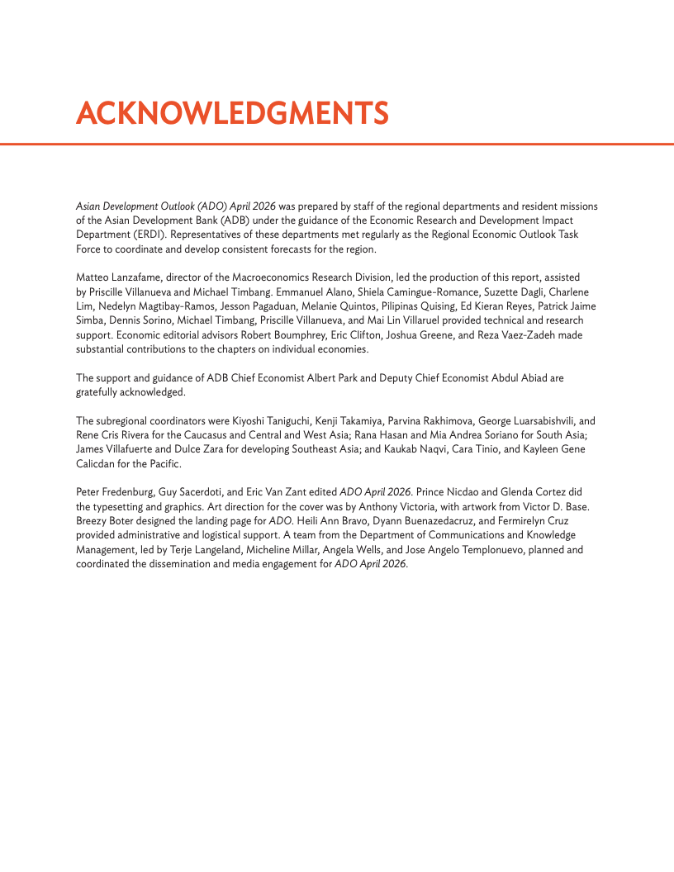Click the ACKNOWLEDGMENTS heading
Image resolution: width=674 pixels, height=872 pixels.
coord(232,113)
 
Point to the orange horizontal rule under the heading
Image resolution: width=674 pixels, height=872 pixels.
coord(337,144)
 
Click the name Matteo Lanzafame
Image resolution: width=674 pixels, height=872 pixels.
coord(117,278)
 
